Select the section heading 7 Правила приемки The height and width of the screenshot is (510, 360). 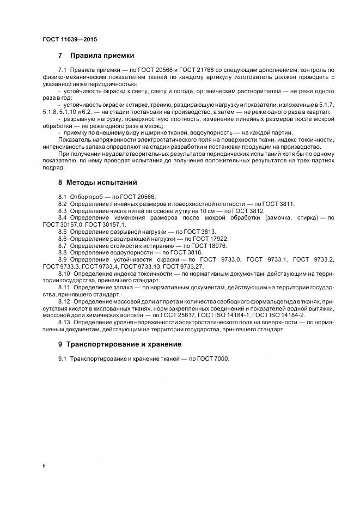tap(95, 56)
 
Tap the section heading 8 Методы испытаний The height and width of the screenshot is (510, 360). tap(97, 182)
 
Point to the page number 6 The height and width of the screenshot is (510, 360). tap(44, 466)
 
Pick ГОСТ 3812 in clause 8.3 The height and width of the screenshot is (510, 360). tap(249, 210)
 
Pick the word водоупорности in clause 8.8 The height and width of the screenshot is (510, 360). tap(119, 253)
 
